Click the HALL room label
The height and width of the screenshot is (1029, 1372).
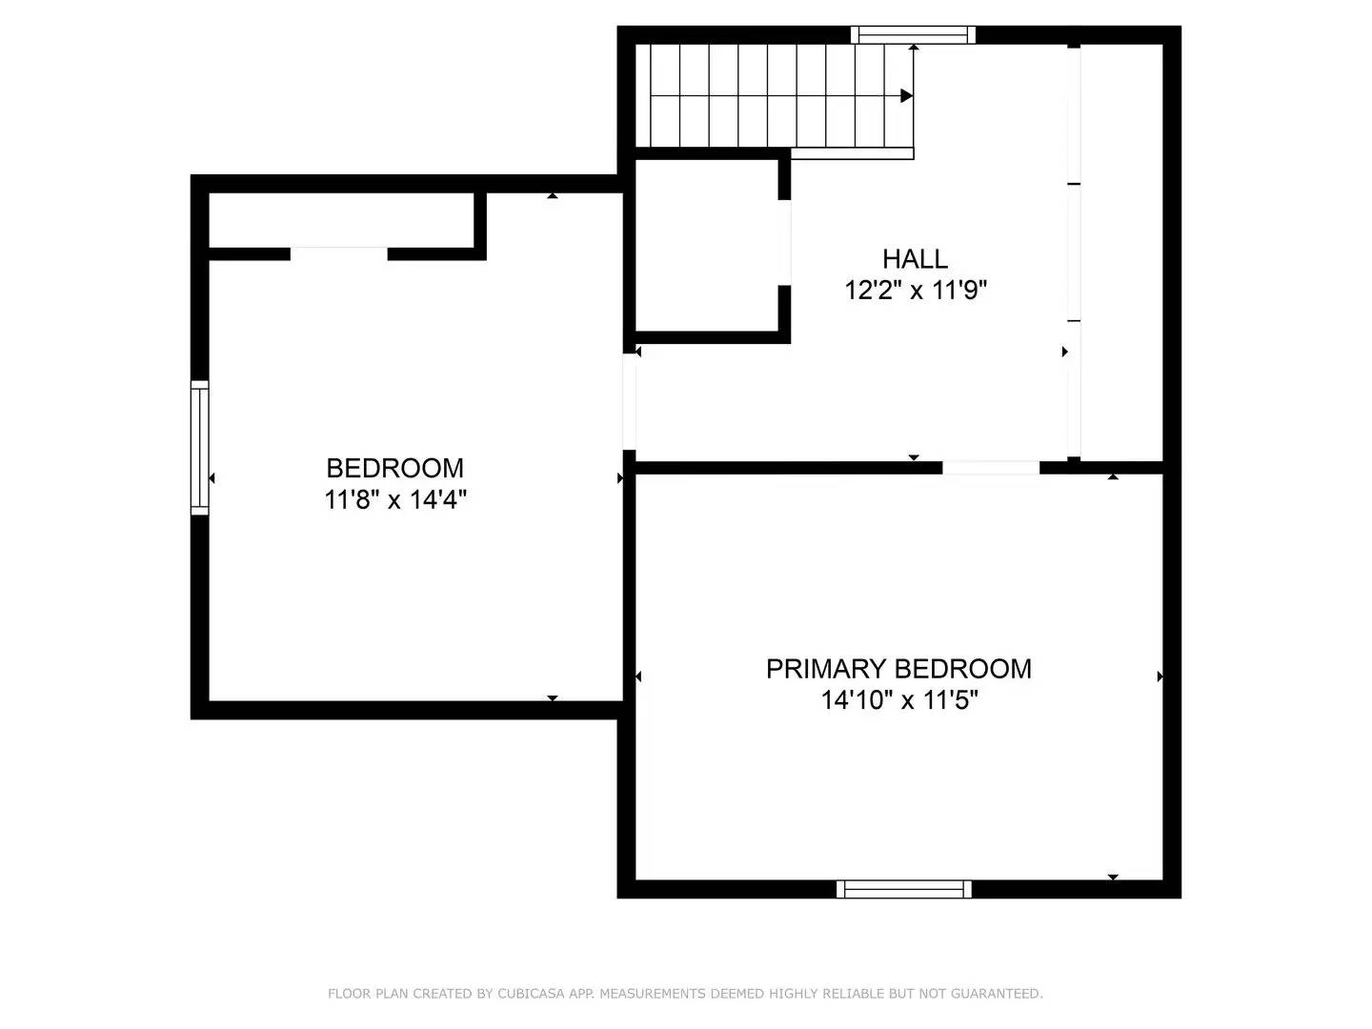(915, 259)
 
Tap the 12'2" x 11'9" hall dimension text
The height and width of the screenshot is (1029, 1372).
(915, 290)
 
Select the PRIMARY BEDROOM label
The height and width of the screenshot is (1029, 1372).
(898, 669)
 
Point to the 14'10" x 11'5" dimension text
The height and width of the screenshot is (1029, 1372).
(899, 700)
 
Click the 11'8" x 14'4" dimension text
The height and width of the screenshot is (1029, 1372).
(394, 499)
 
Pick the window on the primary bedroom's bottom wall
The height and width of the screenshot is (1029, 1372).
(903, 889)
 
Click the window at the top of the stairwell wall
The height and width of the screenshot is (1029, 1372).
(913, 35)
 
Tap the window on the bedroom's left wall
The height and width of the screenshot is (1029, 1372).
(199, 448)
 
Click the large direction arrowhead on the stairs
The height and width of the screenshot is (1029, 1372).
(906, 96)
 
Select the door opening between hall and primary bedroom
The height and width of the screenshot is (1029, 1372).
(991, 468)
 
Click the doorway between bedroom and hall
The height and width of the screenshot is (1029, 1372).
(629, 400)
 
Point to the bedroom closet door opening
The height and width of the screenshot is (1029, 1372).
(339, 253)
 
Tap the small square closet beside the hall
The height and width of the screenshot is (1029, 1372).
(706, 245)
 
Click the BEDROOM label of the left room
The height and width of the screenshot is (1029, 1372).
(394, 468)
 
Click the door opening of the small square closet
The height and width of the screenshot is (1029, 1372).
(785, 243)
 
